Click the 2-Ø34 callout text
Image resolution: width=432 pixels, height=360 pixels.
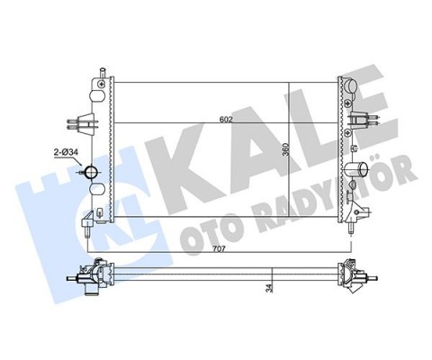point(69,154)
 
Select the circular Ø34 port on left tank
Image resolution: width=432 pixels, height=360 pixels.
point(92,173)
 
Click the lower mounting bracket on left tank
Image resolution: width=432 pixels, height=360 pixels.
point(88,220)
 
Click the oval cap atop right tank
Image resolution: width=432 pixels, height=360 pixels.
point(352,87)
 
